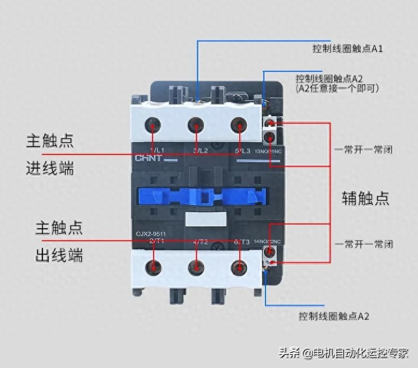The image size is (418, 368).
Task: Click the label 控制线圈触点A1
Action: [x=347, y=49]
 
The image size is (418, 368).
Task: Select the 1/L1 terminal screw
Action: [x=154, y=126]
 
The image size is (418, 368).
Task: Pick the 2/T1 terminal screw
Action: [x=155, y=266]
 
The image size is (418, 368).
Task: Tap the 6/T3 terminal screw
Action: [x=238, y=266]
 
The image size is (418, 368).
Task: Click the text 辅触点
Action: [x=366, y=198]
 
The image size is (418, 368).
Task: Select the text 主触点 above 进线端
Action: [x=50, y=141]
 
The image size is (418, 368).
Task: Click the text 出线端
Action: [x=59, y=255]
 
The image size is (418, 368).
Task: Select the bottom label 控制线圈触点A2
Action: [x=333, y=316]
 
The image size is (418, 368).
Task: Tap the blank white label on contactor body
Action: [x=204, y=219]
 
